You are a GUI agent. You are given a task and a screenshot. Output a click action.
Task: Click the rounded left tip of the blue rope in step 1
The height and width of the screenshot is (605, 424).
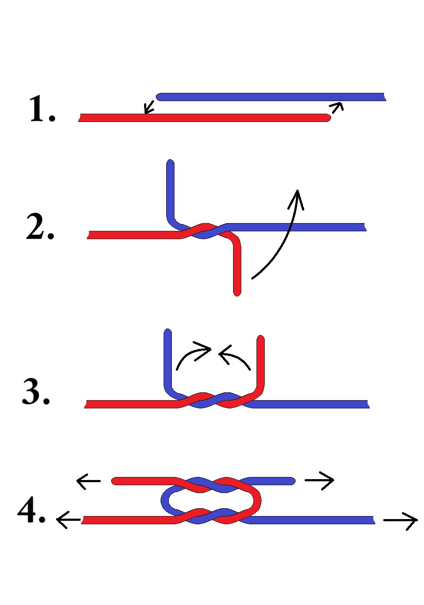coord(160,97)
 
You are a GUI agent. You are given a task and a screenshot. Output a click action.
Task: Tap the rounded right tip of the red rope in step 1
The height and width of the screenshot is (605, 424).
coord(326,118)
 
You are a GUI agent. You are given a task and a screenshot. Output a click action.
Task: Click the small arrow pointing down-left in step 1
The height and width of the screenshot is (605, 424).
coord(149,107)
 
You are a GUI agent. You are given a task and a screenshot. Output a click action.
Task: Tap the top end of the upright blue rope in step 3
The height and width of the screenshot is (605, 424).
coord(168,333)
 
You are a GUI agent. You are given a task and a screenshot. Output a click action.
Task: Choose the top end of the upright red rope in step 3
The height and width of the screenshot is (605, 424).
coord(261,339)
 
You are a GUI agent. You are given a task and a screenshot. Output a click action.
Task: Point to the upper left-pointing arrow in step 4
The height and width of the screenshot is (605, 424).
coord(88,481)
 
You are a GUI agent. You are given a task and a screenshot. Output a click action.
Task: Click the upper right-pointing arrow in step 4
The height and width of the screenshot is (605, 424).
coord(319,480)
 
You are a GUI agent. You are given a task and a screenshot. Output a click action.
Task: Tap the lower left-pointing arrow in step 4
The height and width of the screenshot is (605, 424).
coord(68,520)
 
